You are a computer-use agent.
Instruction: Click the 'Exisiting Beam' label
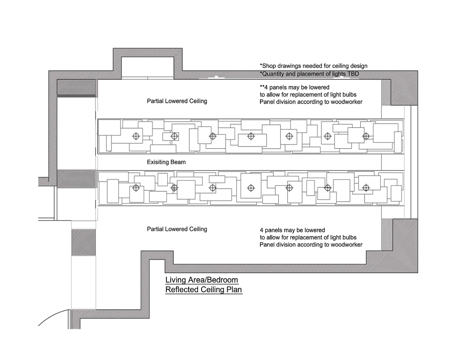pyautogui.click(x=166, y=162)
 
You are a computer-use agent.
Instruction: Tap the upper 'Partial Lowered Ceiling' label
pyautogui.click(x=177, y=101)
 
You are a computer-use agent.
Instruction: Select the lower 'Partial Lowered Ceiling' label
pyautogui.click(x=177, y=229)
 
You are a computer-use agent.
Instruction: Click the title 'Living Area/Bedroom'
pyautogui.click(x=202, y=280)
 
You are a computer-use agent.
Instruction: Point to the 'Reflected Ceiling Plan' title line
pyautogui.click(x=204, y=290)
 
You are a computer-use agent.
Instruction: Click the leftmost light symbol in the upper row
pyautogui.click(x=136, y=136)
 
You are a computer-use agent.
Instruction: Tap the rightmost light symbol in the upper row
pyautogui.click(x=366, y=136)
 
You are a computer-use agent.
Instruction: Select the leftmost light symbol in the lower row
pyautogui.click(x=136, y=188)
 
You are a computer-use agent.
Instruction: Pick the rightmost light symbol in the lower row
pyautogui.click(x=366, y=188)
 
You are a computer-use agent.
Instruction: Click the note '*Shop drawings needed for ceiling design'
pyautogui.click(x=313, y=66)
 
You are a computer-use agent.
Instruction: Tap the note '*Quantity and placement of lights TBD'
pyautogui.click(x=309, y=74)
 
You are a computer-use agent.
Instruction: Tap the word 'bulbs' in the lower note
pyautogui.click(x=350, y=237)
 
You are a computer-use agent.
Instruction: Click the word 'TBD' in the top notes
pyautogui.click(x=353, y=74)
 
